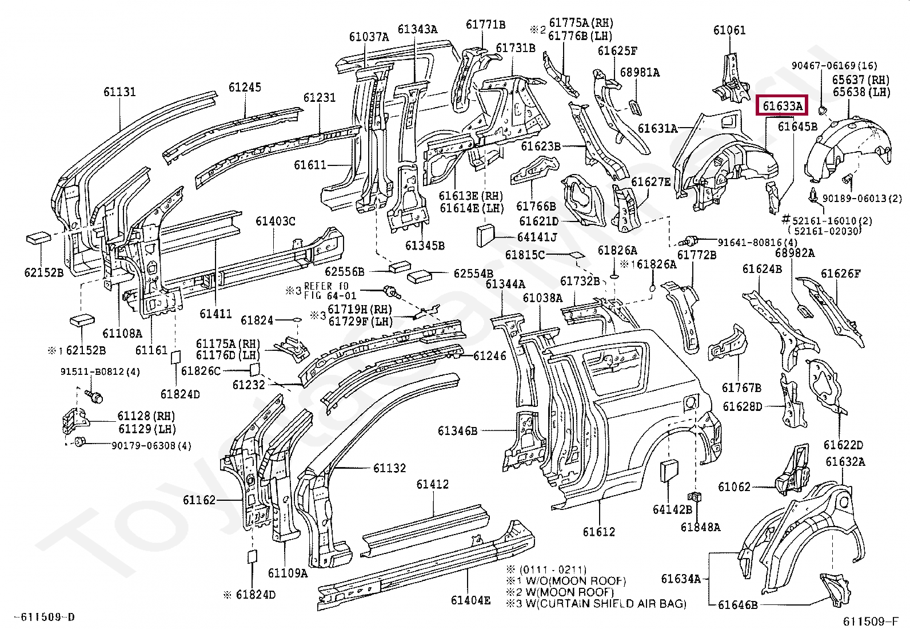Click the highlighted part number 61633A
[x=781, y=106]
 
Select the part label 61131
[x=119, y=92]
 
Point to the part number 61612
[x=598, y=532]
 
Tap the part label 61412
[x=432, y=484]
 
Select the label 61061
[x=729, y=30]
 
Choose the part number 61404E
[x=470, y=600]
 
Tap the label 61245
[x=245, y=87]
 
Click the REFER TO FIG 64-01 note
[x=329, y=290]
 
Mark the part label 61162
[x=199, y=500]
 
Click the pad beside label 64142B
[x=669, y=473]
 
